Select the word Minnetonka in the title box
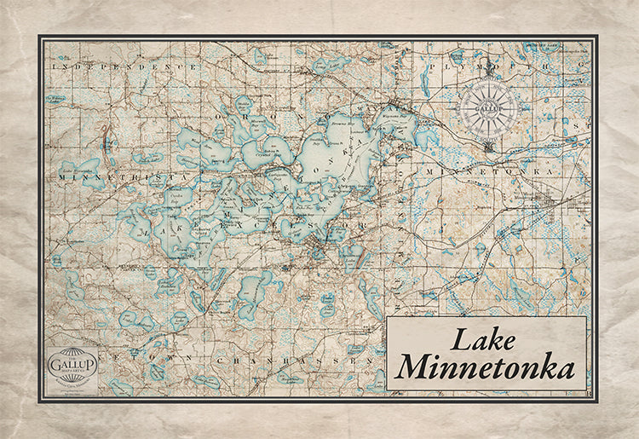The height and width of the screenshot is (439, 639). click(x=484, y=368)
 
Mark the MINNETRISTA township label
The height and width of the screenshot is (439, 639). click(x=111, y=175)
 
